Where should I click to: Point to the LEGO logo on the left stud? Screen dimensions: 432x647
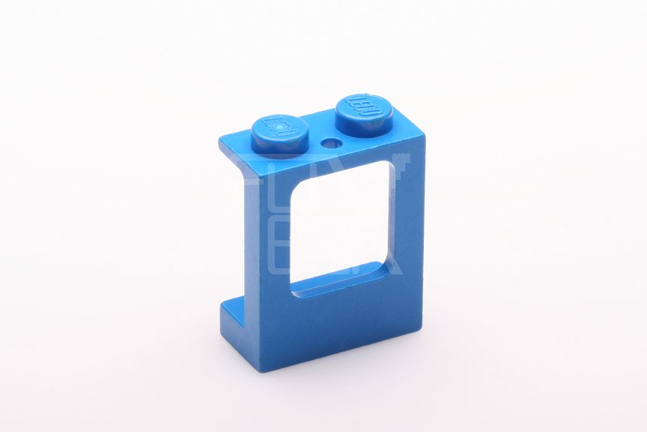(279, 127)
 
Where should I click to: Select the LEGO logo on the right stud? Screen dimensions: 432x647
(365, 106)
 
